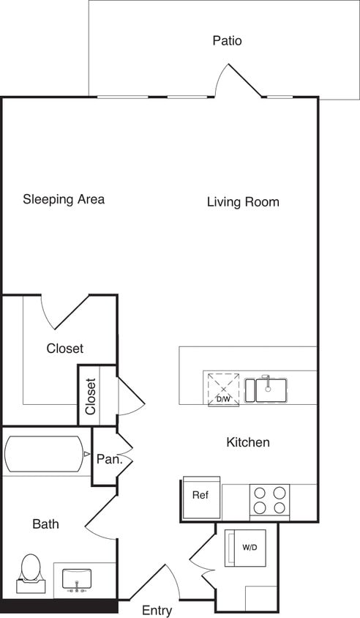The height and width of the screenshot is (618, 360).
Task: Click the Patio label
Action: point(227,41)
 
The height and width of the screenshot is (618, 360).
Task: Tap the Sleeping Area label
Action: point(64,199)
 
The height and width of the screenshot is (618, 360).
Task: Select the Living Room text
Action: point(243,202)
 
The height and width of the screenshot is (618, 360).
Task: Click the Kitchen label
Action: point(248,442)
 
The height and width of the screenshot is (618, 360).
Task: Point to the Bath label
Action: point(45,524)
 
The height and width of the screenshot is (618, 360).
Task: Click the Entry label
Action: point(157,610)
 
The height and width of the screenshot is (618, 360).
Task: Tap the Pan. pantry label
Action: point(108,459)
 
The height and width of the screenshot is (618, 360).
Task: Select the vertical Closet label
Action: point(91,396)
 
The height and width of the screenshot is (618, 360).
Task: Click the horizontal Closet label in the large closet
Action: point(64,349)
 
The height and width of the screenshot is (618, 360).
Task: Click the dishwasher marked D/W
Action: point(223,388)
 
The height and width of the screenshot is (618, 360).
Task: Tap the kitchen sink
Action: point(268,389)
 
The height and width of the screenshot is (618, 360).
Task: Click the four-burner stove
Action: point(269,500)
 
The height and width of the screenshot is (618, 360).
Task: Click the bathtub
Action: point(44,454)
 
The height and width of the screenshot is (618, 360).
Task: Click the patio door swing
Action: point(236,82)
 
